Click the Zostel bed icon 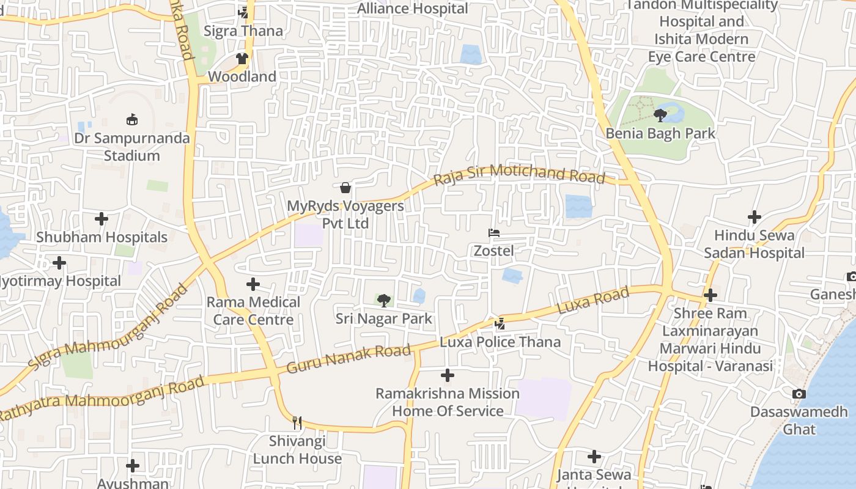coord(494,233)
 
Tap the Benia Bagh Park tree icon coord(660,115)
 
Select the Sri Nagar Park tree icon coord(383,300)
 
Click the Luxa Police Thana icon coord(500,323)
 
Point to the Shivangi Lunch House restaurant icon coord(297,422)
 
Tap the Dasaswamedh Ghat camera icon coord(799,394)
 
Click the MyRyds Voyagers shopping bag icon coord(345,188)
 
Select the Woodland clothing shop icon coord(242,59)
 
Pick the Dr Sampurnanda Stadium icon coord(131,119)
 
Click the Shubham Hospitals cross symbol coord(101,219)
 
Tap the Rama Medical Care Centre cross coord(253,284)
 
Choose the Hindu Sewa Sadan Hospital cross coord(755,217)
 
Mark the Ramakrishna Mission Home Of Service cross coord(448,375)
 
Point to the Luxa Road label coord(594,301)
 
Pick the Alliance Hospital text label coord(412,9)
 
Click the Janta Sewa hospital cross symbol coord(594,457)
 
